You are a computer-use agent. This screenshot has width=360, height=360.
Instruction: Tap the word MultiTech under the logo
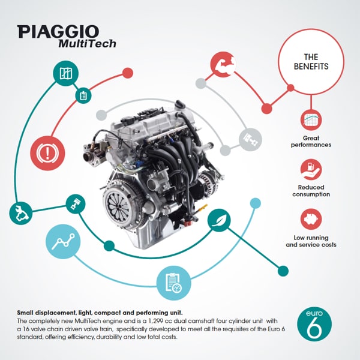(x=87, y=44)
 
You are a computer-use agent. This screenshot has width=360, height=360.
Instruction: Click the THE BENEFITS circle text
(x=311, y=62)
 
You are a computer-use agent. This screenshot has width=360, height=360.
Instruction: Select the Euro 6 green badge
(x=314, y=324)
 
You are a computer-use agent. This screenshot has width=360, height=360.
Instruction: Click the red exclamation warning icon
(x=47, y=153)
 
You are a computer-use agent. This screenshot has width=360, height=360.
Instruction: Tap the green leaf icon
(x=219, y=220)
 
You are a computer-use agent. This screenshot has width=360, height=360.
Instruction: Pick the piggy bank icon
(x=311, y=219)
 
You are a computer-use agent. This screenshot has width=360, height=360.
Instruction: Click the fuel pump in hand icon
(x=311, y=170)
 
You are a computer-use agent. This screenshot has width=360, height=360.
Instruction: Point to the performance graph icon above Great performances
(x=311, y=120)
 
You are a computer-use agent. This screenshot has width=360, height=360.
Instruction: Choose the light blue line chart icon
(x=63, y=242)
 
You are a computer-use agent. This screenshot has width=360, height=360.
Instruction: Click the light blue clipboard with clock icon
(x=173, y=283)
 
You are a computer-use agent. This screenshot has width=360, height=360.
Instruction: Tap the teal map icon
(x=65, y=73)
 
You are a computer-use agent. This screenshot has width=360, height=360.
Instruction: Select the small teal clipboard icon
(x=83, y=95)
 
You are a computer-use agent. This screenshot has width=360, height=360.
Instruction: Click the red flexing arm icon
(x=223, y=64)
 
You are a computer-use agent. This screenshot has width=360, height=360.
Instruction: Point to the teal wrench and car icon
(x=20, y=213)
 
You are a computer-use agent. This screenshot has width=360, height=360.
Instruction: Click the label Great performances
(x=311, y=142)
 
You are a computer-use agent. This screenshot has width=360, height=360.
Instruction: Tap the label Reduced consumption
(x=311, y=191)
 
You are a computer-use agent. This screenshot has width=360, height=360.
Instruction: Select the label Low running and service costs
(x=311, y=241)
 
